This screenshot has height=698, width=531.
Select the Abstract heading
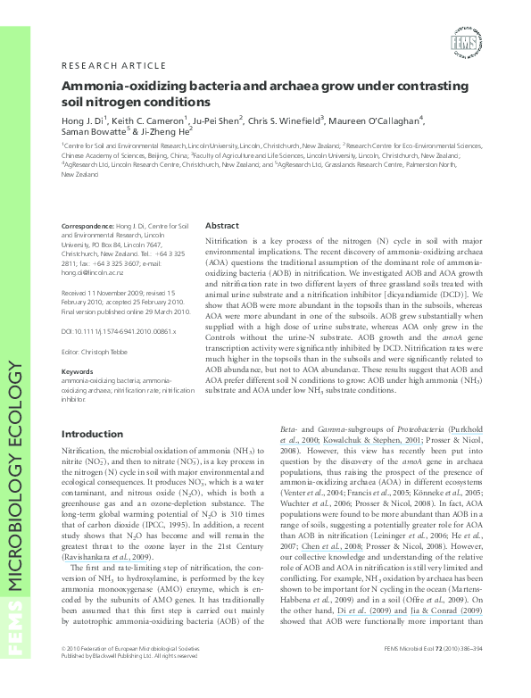coord(222,226)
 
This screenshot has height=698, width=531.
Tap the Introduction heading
coord(92,434)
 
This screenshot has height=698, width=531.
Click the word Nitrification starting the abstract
coord(228,242)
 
